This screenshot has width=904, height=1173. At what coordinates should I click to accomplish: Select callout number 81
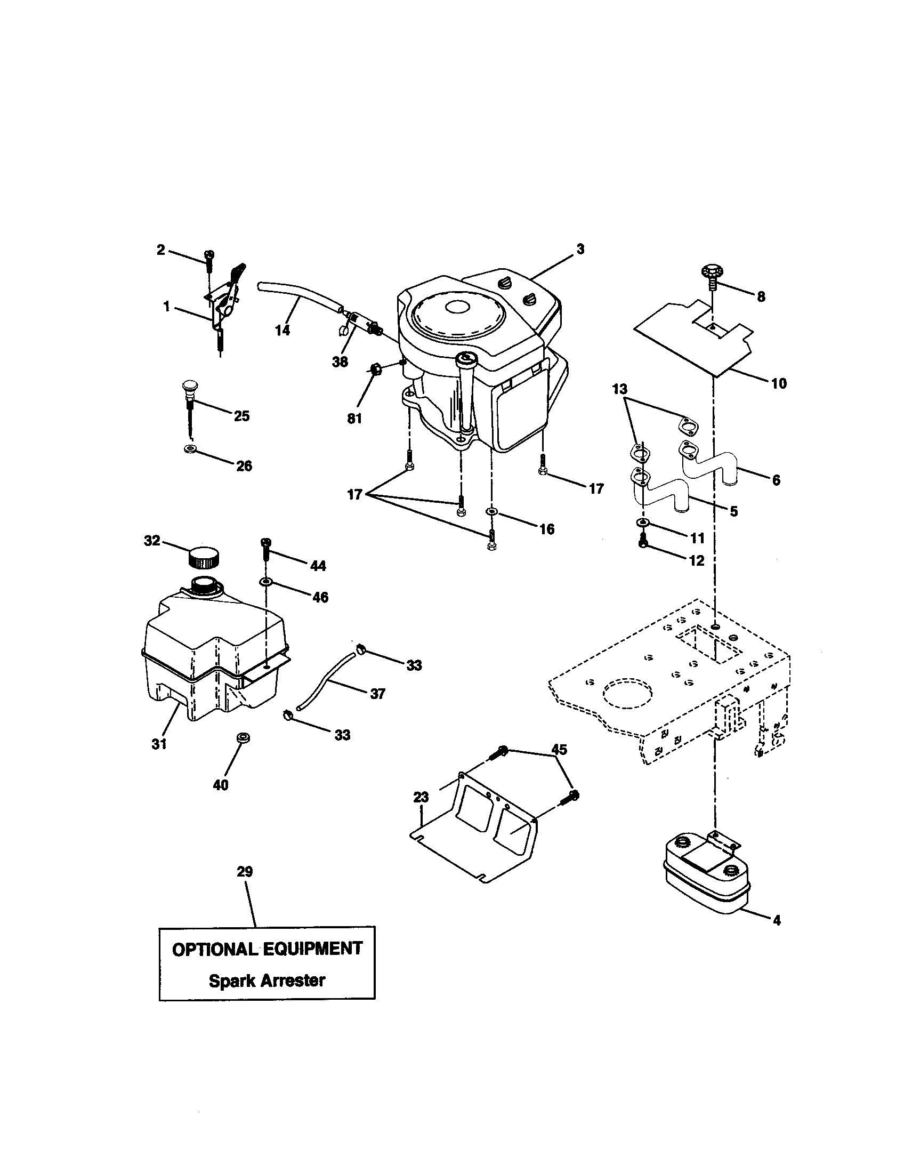[354, 419]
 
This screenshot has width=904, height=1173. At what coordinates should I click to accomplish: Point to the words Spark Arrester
[267, 980]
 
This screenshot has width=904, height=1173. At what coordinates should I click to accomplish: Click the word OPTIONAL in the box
[215, 949]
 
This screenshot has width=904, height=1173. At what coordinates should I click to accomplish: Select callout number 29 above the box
[245, 871]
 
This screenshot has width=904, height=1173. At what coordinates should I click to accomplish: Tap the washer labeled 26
[190, 448]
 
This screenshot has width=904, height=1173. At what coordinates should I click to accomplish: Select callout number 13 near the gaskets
[619, 389]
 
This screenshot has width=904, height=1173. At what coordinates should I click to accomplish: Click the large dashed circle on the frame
[626, 693]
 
